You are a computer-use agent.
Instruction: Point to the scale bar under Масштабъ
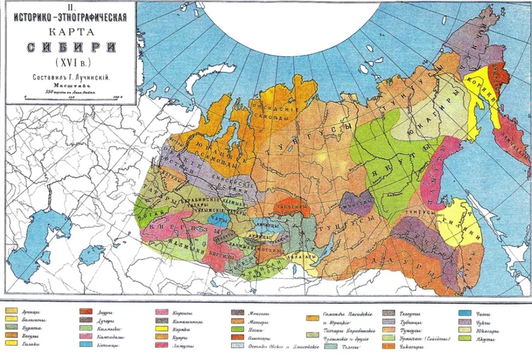(72, 96)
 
